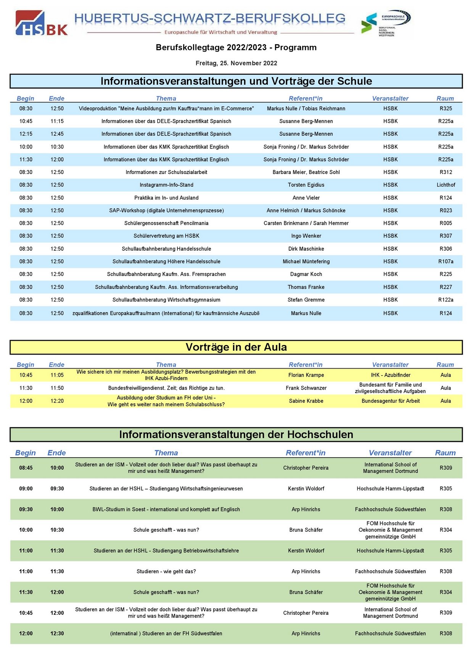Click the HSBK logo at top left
pyautogui.click(x=42, y=23)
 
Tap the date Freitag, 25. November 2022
pyautogui.click(x=236, y=63)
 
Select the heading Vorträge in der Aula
pyautogui.click(x=236, y=347)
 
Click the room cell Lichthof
pyautogui.click(x=446, y=185)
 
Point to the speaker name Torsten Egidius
pyautogui.click(x=306, y=185)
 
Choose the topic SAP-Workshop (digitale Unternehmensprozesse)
pyautogui.click(x=166, y=211)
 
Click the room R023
pyautogui.click(x=446, y=211)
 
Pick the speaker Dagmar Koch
pyautogui.click(x=306, y=274)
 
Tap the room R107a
pyautogui.click(x=446, y=261)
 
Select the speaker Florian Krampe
pyautogui.click(x=306, y=375)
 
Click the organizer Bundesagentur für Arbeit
pyautogui.click(x=390, y=401)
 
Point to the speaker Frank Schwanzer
pyautogui.click(x=306, y=388)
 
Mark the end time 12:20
pyautogui.click(x=57, y=401)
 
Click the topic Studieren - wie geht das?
pyautogui.click(x=166, y=572)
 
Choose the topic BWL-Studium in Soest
pyautogui.click(x=166, y=509)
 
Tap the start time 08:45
pyautogui.click(x=26, y=468)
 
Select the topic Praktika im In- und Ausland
pyautogui.click(x=166, y=198)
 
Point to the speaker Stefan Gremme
pyautogui.click(x=306, y=300)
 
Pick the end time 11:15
pyautogui.click(x=57, y=121)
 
